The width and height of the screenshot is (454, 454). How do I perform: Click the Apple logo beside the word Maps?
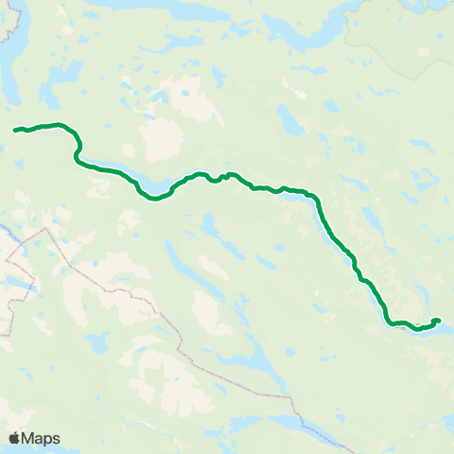[14, 438]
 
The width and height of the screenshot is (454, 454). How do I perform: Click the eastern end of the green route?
[439, 321]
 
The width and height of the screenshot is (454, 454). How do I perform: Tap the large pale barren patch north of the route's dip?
[157, 140]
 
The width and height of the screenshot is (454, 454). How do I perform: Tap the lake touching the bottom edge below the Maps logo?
[38, 451]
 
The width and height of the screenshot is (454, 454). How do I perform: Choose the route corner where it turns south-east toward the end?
[317, 201]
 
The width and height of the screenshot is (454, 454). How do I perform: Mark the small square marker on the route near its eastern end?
[435, 322]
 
